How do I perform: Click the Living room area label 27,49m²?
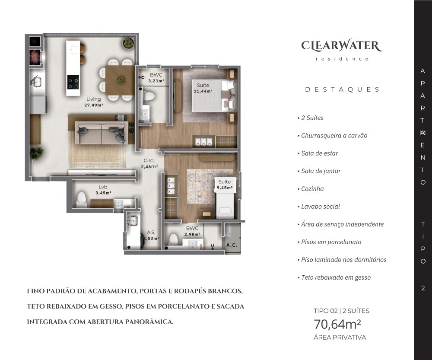coord(94,105)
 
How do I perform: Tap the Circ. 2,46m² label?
coord(149,163)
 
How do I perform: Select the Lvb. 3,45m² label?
coord(103,190)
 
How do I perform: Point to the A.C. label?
coord(232,245)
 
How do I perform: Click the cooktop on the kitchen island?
coord(73,82)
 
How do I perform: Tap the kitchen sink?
coord(36,82)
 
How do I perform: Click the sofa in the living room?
coord(102,133)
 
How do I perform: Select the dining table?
coord(120,80)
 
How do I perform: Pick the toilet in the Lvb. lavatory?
coord(81,200)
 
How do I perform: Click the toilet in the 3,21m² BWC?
coord(149,96)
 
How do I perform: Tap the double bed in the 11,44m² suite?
coord(214,96)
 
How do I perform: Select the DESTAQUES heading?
coord(342,89)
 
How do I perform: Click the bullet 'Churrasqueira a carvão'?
coord(332,135)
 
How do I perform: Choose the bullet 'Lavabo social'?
coord(319,207)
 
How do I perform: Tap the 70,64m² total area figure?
coord(337,324)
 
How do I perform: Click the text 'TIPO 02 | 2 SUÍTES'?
coord(341,311)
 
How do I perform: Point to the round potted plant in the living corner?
coord(128,43)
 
